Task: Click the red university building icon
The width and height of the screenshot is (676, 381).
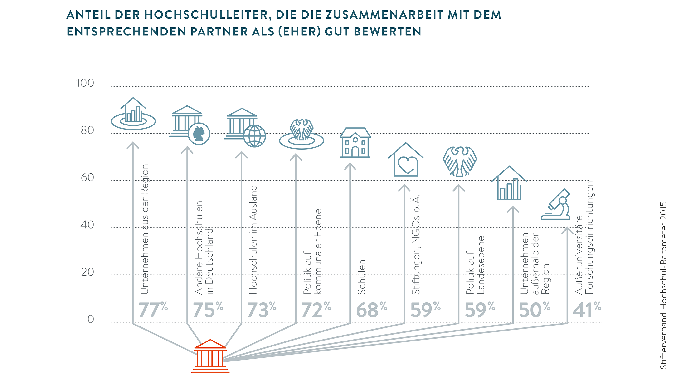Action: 210,356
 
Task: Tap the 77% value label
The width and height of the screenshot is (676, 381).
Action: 153,310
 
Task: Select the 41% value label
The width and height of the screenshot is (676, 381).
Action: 587,310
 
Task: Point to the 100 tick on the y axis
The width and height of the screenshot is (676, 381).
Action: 85,83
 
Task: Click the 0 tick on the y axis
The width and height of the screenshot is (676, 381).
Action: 91,319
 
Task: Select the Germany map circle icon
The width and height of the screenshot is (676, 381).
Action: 199,134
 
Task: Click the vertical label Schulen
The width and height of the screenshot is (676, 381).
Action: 361,277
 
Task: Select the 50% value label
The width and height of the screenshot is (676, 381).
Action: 534,310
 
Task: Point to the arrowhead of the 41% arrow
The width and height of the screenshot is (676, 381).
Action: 567,230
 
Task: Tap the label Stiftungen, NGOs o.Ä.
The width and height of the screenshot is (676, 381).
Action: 416,245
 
